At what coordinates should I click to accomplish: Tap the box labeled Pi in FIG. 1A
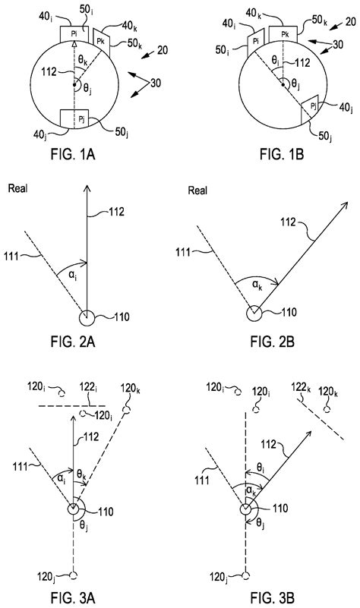(74, 34)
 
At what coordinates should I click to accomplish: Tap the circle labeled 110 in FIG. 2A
(87, 316)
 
